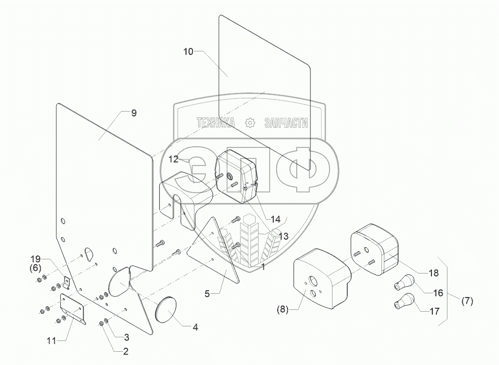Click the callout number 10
click(x=189, y=51)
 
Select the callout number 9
click(x=134, y=113)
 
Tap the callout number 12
click(x=175, y=159)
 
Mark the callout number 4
click(x=195, y=327)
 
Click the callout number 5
click(x=207, y=294)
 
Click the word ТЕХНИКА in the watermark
click(x=216, y=123)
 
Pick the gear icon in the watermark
click(x=250, y=122)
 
